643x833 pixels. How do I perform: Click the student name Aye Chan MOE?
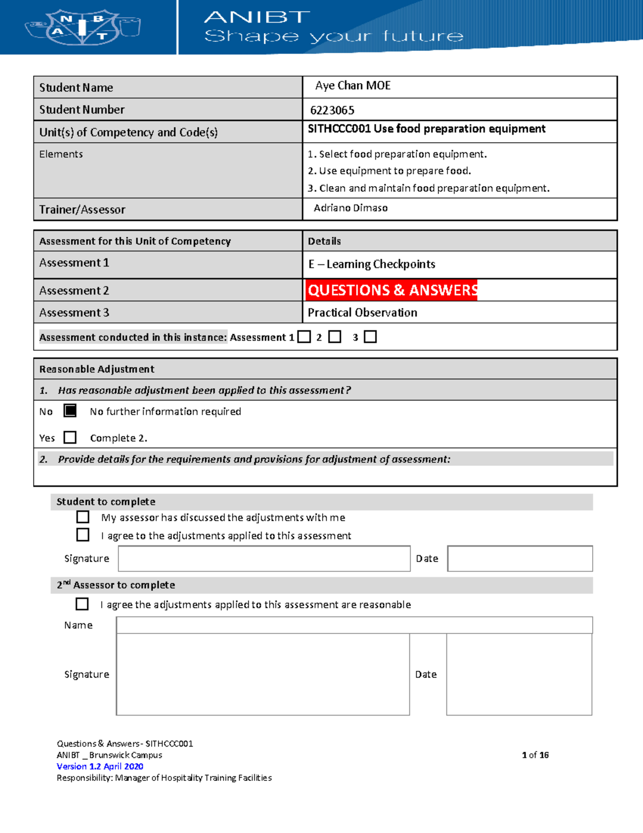pos(353,86)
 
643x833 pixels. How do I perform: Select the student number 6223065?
pos(332,110)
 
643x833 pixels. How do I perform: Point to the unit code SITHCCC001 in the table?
pos(339,129)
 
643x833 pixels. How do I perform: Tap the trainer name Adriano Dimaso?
pos(350,208)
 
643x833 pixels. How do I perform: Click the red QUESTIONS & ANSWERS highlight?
pos(392,290)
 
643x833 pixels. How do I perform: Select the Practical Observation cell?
pos(362,313)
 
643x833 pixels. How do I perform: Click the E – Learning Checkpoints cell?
pos(371,264)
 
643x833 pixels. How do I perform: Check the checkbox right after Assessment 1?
pos(304,337)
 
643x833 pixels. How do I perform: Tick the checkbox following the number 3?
pos(370,337)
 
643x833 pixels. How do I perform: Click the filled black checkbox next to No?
pos(70,411)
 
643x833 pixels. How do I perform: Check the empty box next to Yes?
pos(70,438)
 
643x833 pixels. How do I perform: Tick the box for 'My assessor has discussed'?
pos(83,517)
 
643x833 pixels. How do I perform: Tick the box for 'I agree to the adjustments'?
pos(83,535)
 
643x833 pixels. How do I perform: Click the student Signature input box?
pos(264,559)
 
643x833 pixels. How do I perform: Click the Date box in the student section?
pos(520,559)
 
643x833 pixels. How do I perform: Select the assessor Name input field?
pos(354,625)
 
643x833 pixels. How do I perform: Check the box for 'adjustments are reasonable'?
pos(82,605)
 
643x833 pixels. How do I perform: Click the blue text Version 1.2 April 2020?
pos(100,766)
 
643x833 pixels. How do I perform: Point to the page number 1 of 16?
pos(535,755)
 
